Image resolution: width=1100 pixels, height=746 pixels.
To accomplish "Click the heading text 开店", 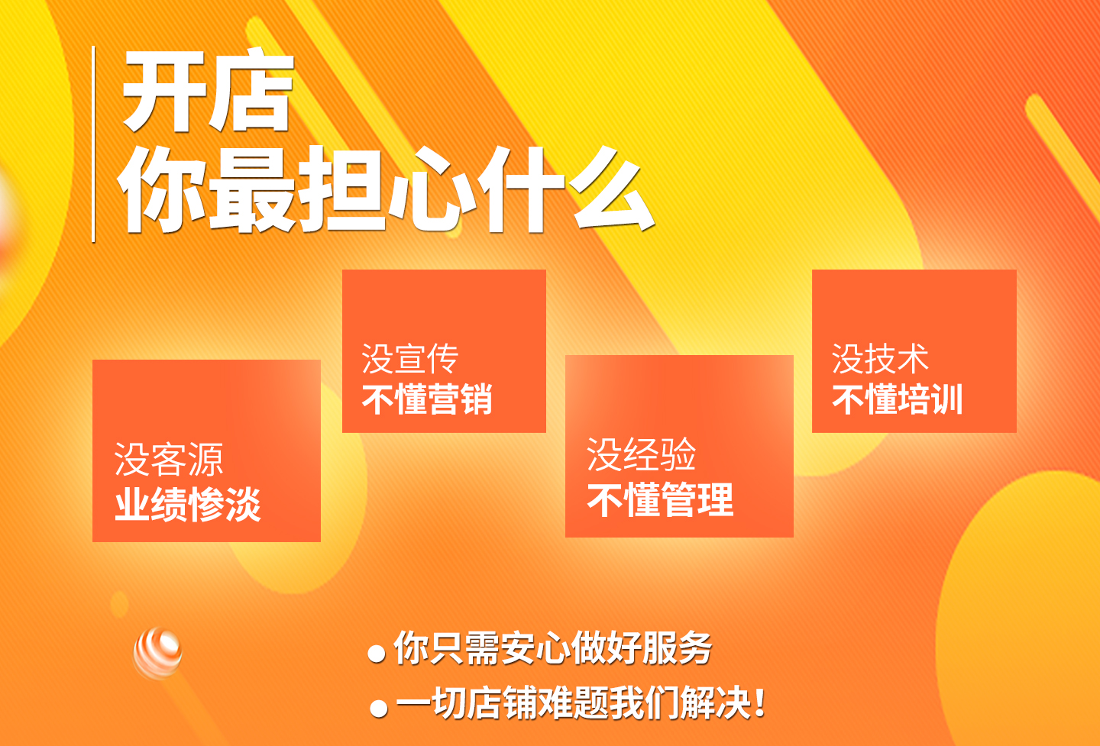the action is point(207,90).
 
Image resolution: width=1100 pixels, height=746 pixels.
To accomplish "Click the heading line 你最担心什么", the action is point(386,189).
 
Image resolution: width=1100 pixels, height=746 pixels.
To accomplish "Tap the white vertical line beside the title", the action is point(93,144).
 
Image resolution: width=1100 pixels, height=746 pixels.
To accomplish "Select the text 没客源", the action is point(169,460).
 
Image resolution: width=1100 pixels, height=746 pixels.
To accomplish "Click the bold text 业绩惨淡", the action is point(188,505).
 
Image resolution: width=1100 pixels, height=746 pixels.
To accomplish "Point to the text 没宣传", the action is point(410,359).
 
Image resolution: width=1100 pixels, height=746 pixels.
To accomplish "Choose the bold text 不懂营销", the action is point(427,399).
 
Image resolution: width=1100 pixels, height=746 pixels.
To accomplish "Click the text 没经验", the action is point(642,454).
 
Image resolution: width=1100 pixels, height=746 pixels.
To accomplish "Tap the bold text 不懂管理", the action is point(661,499).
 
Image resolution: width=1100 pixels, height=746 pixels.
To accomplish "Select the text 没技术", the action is point(880,359).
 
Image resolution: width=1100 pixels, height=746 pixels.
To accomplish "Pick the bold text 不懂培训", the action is point(897,399).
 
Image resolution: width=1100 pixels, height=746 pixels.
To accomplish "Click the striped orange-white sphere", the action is point(157,653).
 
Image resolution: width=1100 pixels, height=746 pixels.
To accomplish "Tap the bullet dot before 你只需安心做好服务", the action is point(377,654).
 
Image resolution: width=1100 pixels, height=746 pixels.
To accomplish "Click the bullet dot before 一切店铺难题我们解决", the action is point(379,709).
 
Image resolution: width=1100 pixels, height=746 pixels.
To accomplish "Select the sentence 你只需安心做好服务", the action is point(553,648).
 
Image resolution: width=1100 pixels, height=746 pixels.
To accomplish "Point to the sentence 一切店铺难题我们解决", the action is point(574,703).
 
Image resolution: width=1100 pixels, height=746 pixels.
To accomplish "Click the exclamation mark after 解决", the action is point(760,703).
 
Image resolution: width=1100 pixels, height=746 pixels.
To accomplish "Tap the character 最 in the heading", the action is point(252,189).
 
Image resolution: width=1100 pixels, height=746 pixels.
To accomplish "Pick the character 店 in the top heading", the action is point(251,90).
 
